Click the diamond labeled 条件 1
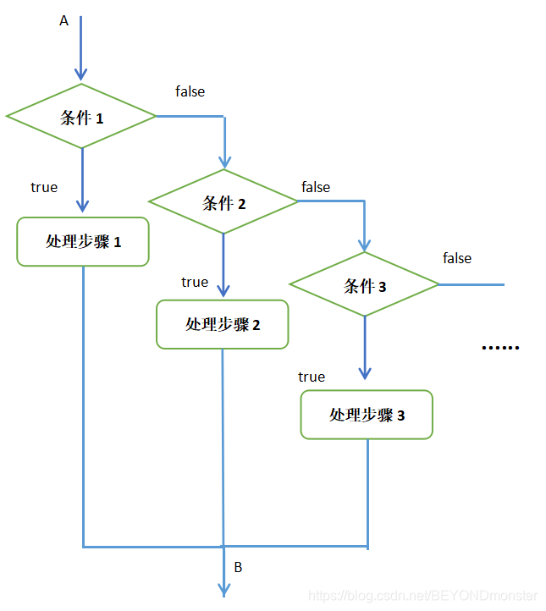coord(81,117)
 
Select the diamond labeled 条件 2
coord(223,202)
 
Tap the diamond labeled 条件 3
coord(365,286)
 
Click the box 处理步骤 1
coord(83,241)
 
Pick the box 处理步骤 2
coord(223,324)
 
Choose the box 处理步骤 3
coord(367,415)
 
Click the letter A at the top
coord(63,21)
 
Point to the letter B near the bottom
coord(238,567)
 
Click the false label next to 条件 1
coord(190,91)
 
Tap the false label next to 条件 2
coord(316,187)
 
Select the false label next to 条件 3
coord(457,258)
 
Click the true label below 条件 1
coord(44,187)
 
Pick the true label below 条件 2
coord(195,282)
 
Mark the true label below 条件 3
coord(312,377)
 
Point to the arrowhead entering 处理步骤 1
coord(82,206)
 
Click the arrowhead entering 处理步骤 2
coord(223,289)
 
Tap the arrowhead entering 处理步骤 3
coord(365,373)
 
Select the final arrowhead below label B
coord(224,589)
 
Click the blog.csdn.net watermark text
coord(423,596)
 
